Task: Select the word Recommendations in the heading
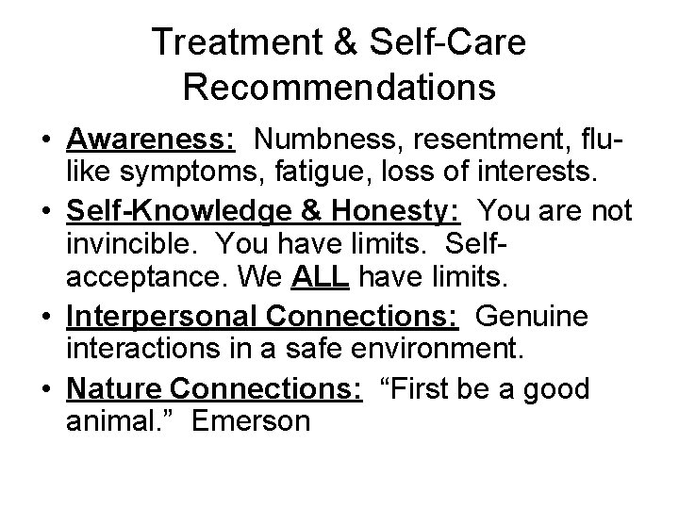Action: pyautogui.click(x=339, y=88)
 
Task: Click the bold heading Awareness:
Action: pyautogui.click(x=151, y=140)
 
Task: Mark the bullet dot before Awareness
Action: pyautogui.click(x=47, y=141)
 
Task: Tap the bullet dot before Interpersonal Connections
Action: pyautogui.click(x=47, y=317)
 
